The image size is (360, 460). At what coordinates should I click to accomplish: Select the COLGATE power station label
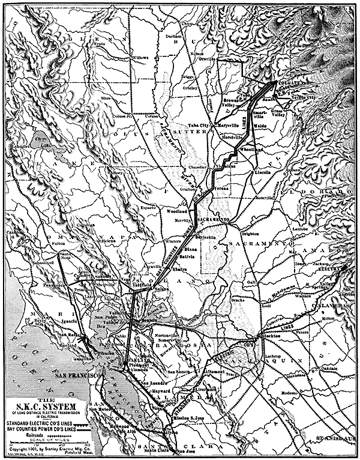click(x=291, y=83)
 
